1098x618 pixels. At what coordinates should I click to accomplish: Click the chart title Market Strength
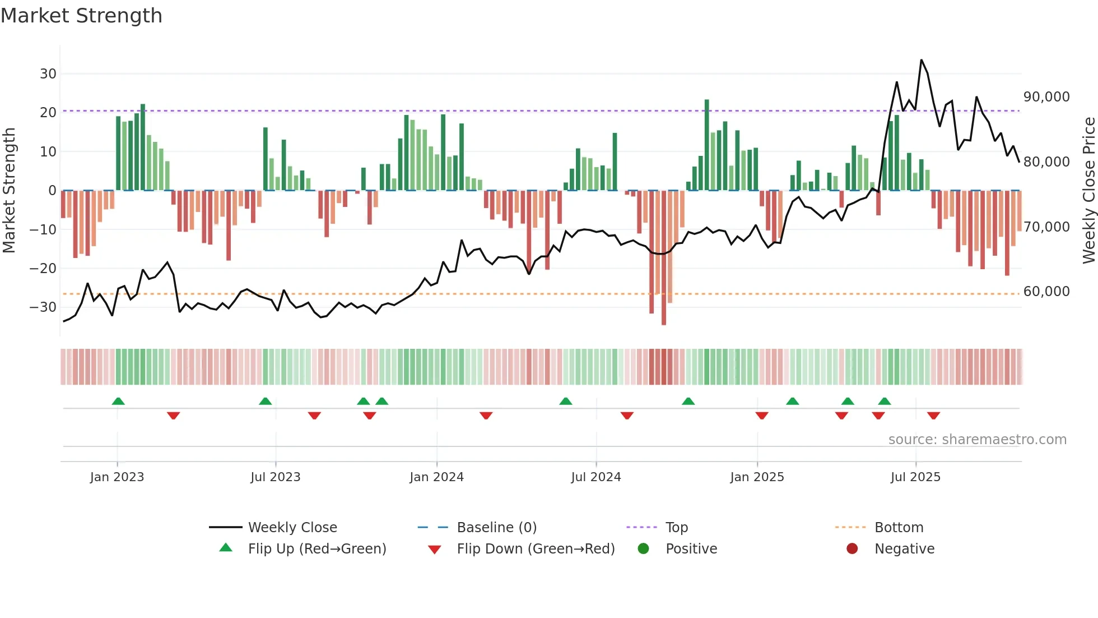[x=81, y=16]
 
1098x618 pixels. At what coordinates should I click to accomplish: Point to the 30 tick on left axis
[x=48, y=73]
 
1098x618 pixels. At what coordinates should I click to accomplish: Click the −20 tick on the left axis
[x=43, y=268]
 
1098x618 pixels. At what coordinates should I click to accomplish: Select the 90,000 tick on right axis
[x=1046, y=96]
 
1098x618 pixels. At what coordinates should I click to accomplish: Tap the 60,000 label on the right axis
[x=1046, y=291]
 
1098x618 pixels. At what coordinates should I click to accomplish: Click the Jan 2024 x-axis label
[x=436, y=477]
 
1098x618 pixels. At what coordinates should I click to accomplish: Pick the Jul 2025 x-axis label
[x=915, y=477]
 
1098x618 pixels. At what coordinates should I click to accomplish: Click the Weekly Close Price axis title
[x=1088, y=190]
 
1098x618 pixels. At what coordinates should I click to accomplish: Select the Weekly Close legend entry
[x=292, y=527]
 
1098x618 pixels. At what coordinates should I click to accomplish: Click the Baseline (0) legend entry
[x=496, y=527]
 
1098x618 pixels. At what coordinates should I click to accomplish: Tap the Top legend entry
[x=676, y=527]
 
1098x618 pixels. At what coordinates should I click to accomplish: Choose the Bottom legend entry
[x=899, y=527]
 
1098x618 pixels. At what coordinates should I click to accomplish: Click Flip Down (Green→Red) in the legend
[x=536, y=548]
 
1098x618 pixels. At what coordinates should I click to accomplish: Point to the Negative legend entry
[x=904, y=548]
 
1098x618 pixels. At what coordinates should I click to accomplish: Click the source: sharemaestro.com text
[x=977, y=439]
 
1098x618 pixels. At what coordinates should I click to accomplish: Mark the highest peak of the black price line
[x=921, y=60]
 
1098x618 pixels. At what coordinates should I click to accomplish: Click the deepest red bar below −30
[x=664, y=258]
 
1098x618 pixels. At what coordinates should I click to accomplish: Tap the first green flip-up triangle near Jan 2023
[x=118, y=401]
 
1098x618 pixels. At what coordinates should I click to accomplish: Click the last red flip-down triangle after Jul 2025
[x=933, y=416]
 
